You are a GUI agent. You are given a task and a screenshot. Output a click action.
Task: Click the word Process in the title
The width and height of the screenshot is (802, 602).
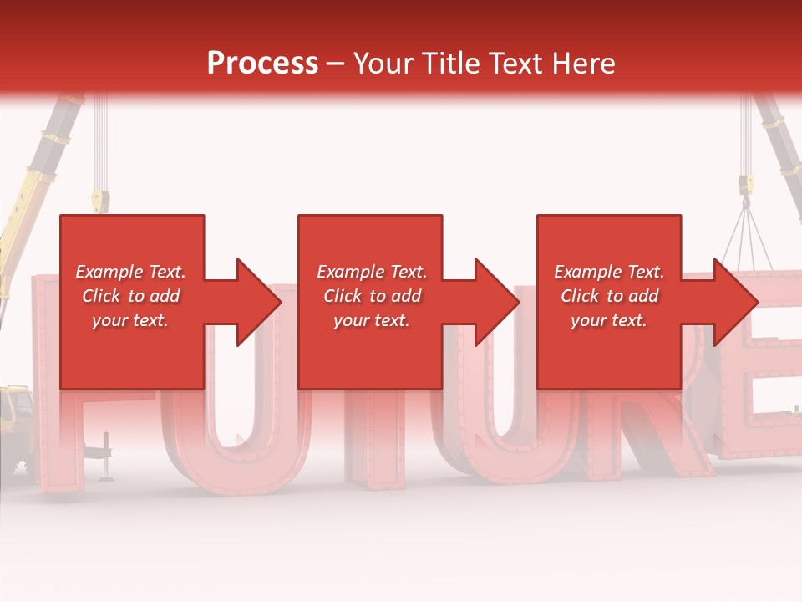(x=262, y=64)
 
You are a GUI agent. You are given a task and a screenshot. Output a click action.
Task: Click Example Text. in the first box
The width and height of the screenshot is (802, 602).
(x=130, y=272)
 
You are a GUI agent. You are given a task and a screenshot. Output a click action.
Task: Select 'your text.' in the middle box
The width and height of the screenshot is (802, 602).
(x=371, y=320)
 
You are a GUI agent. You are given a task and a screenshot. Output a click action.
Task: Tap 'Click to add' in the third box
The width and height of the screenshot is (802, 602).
(x=609, y=296)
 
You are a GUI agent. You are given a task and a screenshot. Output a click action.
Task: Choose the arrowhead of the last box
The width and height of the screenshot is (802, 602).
(x=732, y=302)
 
